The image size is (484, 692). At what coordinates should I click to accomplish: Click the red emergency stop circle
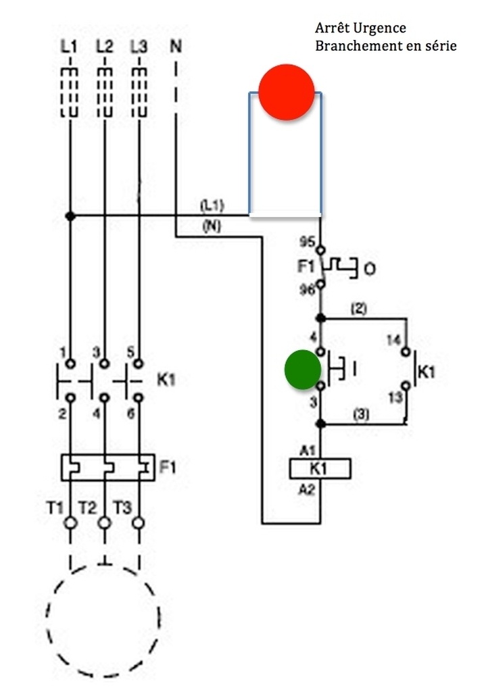(286, 92)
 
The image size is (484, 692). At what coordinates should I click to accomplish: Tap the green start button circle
(303, 370)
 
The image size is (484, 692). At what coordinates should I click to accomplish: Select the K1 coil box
(320, 468)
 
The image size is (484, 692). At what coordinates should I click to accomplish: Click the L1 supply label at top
(69, 46)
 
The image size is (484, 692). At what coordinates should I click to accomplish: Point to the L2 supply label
(104, 46)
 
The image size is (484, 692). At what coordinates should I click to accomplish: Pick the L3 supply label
(139, 46)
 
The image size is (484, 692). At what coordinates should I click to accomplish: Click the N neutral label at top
(176, 46)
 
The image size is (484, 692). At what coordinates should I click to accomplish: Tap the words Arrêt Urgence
(360, 28)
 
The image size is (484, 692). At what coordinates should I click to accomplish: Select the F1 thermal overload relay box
(108, 468)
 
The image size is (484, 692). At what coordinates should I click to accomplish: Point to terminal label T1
(55, 508)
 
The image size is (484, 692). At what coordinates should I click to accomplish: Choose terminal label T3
(122, 508)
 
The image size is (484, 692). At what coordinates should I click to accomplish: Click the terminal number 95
(307, 241)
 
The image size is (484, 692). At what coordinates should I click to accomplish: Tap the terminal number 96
(307, 289)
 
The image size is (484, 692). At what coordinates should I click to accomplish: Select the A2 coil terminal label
(307, 489)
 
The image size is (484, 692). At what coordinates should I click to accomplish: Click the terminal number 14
(394, 341)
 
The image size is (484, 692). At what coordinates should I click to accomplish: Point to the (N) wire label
(212, 226)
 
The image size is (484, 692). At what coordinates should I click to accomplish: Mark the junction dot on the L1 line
(70, 216)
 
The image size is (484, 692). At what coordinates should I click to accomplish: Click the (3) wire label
(361, 414)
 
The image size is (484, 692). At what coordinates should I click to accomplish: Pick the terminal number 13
(395, 397)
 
